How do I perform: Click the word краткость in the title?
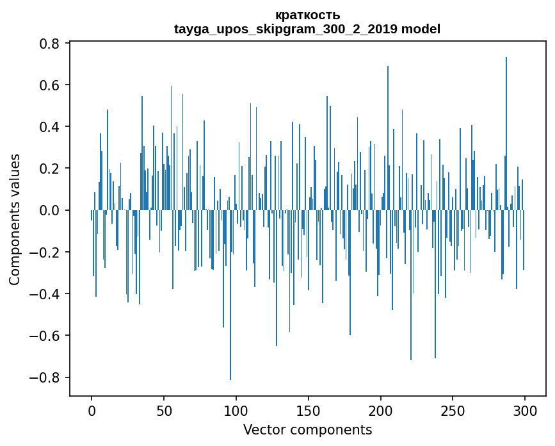click(x=307, y=15)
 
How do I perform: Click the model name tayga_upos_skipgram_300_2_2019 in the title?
click(x=286, y=29)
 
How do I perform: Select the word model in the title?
click(x=421, y=29)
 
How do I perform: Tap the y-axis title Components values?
click(x=15, y=219)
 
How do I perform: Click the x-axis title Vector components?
click(x=307, y=429)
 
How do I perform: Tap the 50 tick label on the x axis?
click(x=164, y=410)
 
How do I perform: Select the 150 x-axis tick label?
click(x=309, y=410)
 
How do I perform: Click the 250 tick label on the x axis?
click(x=453, y=410)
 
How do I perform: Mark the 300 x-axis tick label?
click(x=526, y=410)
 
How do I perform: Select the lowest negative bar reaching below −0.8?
click(x=230, y=301)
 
